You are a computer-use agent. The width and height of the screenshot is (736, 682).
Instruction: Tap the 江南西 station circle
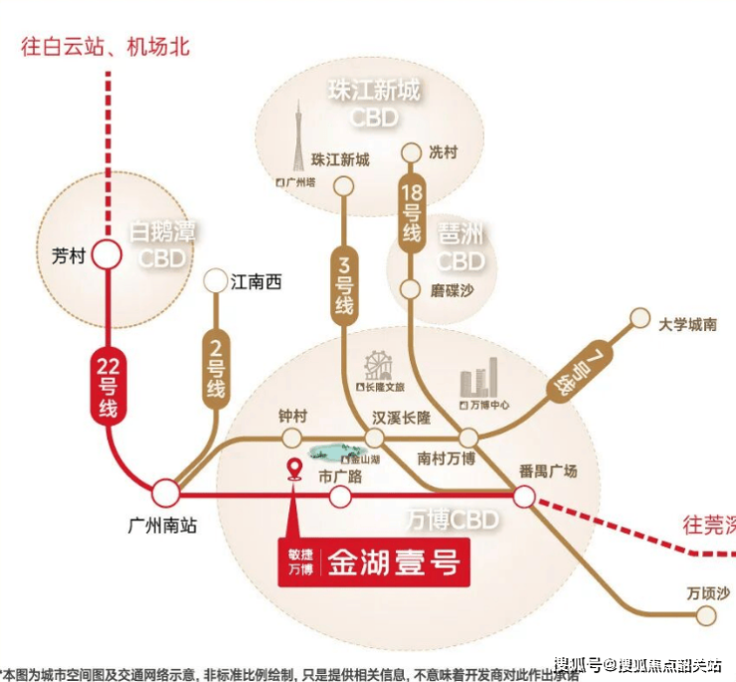214,281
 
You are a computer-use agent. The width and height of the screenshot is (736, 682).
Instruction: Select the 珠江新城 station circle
343,184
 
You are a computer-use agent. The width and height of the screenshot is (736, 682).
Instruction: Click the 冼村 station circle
411,153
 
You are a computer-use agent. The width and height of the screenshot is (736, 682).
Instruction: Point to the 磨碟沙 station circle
410,289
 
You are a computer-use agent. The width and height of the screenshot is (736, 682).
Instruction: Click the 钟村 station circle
291,438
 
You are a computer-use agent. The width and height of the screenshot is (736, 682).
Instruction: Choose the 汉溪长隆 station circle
374,438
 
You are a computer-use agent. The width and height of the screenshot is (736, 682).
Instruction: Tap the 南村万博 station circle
468,437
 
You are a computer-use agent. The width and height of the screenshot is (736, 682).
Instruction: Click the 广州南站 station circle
165,492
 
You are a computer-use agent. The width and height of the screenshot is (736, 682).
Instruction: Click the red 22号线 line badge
107,386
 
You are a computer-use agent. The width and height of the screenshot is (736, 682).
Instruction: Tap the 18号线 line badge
411,211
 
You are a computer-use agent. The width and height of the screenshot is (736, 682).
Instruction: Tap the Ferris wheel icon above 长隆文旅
377,365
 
